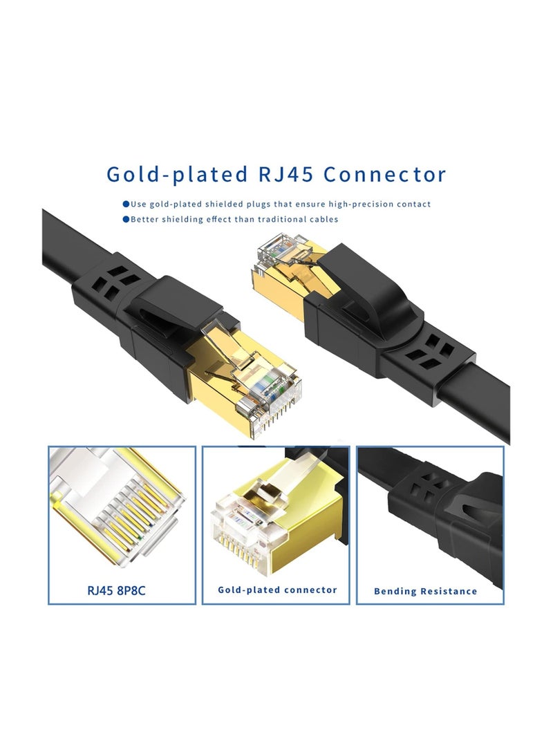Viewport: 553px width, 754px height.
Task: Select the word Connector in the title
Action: [x=385, y=173]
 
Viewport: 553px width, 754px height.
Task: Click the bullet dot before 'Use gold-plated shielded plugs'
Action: [x=126, y=204]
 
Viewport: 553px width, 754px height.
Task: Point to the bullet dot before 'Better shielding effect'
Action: [x=126, y=219]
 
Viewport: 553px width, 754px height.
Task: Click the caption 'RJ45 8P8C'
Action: [x=122, y=590]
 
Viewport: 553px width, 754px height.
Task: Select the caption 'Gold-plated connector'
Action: [x=277, y=590]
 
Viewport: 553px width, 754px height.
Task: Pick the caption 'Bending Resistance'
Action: [x=425, y=591]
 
